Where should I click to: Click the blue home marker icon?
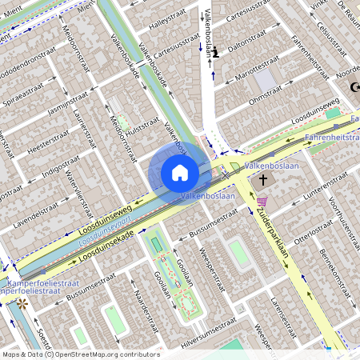click(x=179, y=173)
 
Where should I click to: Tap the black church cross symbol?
click(x=264, y=181)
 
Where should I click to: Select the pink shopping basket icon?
click(x=262, y=202)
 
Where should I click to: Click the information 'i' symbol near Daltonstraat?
click(x=215, y=51)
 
